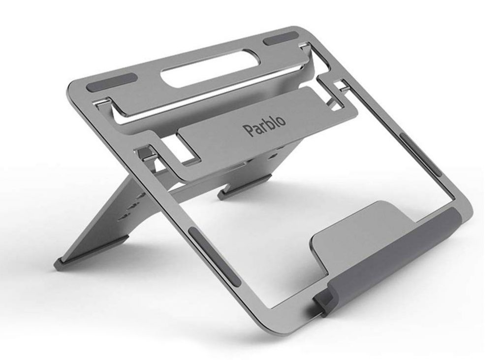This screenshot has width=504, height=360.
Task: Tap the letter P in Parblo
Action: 247,131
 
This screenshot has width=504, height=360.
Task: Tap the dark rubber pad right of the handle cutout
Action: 280,38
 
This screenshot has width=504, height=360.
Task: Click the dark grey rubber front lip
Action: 394,257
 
